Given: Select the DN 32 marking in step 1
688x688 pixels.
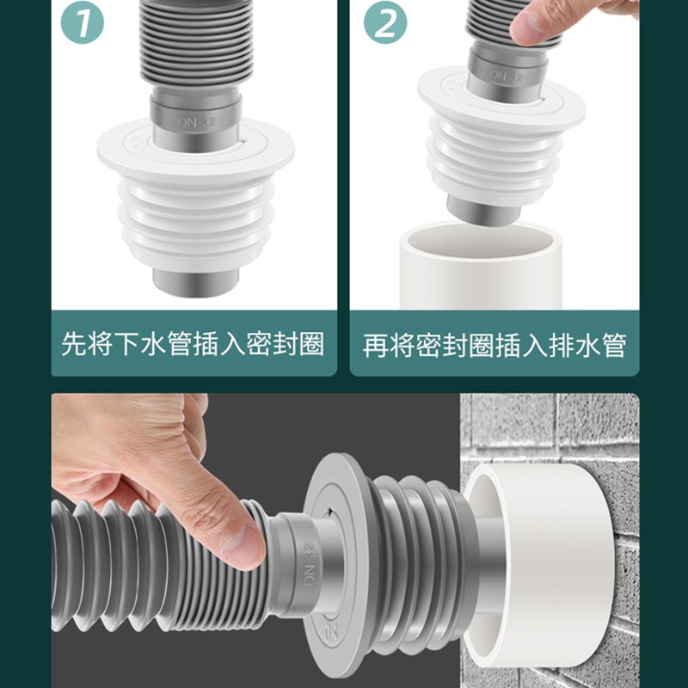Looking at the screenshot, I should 197,123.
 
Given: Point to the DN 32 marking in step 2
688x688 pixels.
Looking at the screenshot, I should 508,75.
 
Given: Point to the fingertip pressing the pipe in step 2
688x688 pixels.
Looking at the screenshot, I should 526,29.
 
